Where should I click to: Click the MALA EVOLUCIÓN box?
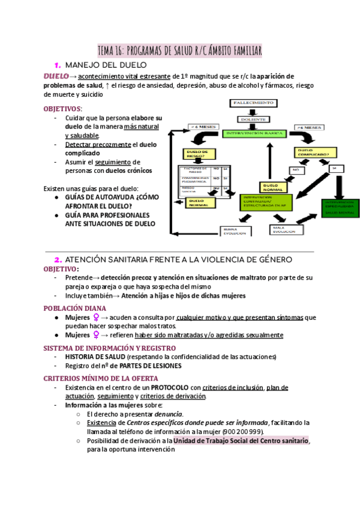pos(286,229)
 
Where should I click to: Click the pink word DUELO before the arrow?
pos(56,77)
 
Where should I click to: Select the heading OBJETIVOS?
pos(62,109)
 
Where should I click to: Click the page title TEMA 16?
pos(179,50)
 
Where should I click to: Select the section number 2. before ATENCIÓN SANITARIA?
pos(58,260)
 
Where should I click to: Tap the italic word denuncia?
pos(169,414)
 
